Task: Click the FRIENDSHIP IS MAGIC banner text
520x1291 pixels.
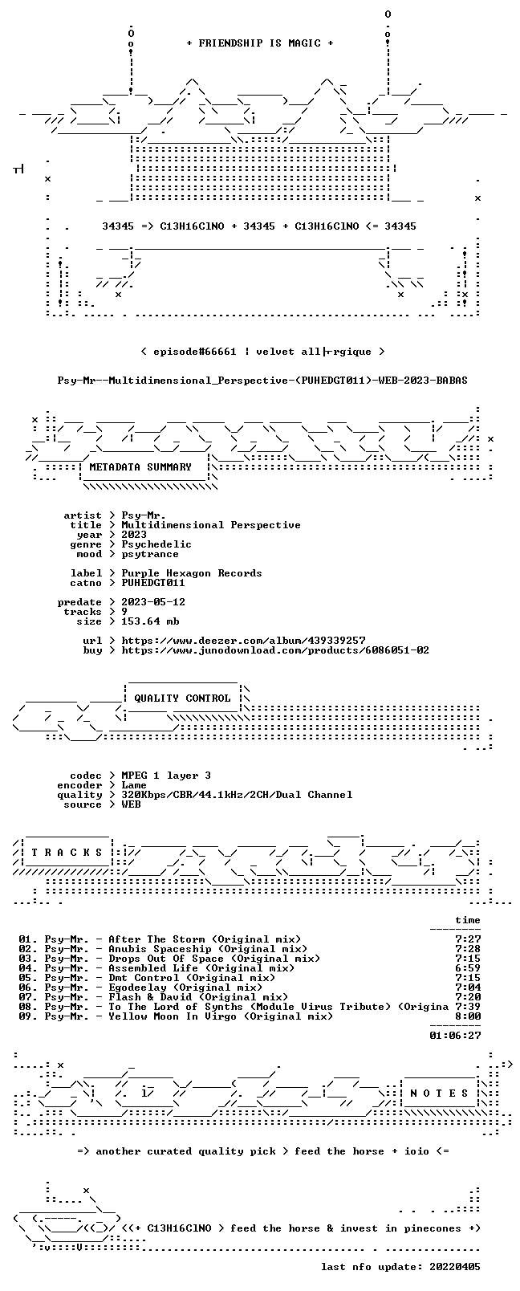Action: (x=260, y=43)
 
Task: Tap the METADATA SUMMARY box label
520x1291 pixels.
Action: (x=140, y=466)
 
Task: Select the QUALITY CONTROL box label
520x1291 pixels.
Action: (x=182, y=698)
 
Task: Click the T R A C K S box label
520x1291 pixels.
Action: (x=67, y=853)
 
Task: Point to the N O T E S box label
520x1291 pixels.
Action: (x=440, y=1093)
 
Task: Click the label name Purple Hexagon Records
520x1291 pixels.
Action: (x=192, y=573)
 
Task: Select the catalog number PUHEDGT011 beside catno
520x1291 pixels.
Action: (x=153, y=583)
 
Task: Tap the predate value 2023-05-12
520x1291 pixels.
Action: (x=153, y=602)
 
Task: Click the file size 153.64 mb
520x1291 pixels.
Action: (x=150, y=621)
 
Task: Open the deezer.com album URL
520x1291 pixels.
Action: (x=243, y=641)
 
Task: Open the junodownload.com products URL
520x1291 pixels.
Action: (x=275, y=650)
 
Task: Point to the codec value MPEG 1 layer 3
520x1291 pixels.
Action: (x=166, y=776)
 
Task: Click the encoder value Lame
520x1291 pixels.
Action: (x=134, y=785)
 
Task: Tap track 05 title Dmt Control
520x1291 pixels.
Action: (x=144, y=978)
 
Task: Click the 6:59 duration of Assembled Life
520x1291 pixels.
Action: (x=468, y=968)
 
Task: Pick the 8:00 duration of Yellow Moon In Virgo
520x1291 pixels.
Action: (x=468, y=1016)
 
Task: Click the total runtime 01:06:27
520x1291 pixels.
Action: (x=455, y=1036)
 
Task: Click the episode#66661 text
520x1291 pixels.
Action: (x=195, y=352)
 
